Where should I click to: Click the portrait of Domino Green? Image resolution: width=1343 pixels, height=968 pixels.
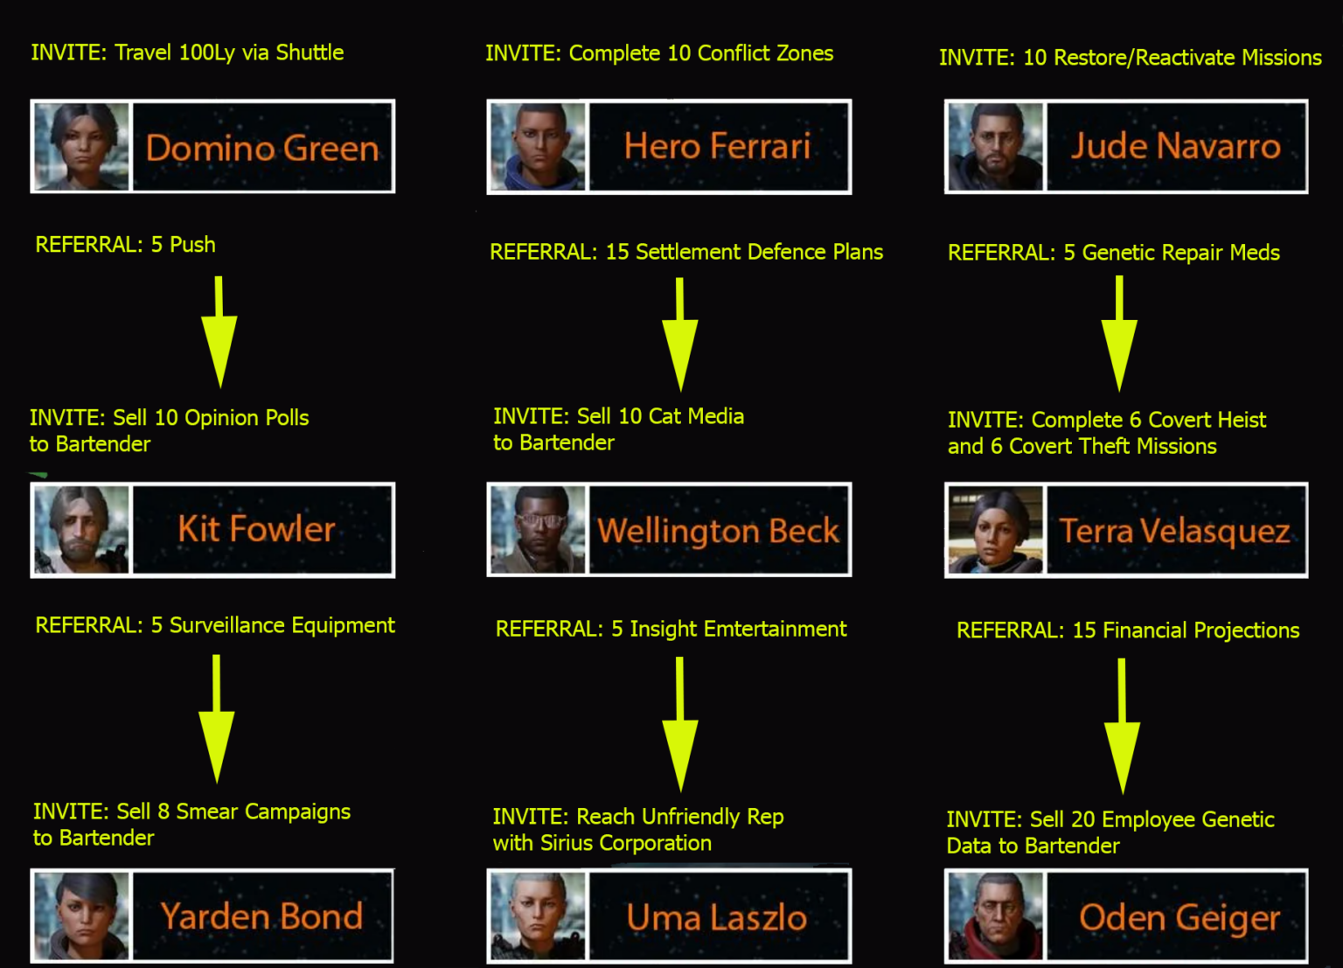pyautogui.click(x=81, y=146)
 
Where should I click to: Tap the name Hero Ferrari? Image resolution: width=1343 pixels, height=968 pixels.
pyautogui.click(x=717, y=146)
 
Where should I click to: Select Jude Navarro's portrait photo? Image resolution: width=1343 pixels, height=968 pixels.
pyautogui.click(x=995, y=146)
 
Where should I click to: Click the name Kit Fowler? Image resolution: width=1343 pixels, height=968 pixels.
pyautogui.click(x=256, y=530)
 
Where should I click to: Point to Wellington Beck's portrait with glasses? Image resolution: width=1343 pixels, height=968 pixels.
pyautogui.click(x=538, y=530)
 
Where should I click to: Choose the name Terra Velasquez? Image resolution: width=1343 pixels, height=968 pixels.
pyautogui.click(x=1174, y=532)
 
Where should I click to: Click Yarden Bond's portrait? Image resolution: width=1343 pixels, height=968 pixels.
pyautogui.click(x=81, y=916)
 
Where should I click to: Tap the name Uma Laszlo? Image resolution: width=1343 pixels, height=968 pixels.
pyautogui.click(x=717, y=917)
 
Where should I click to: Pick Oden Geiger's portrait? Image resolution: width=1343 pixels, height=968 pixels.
pyautogui.click(x=995, y=916)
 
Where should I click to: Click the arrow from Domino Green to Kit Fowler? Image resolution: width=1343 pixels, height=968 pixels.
pyautogui.click(x=219, y=331)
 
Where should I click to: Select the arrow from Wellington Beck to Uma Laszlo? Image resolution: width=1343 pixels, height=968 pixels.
pyautogui.click(x=680, y=724)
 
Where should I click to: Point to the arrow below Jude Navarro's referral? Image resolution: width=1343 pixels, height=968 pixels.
pyautogui.click(x=1119, y=333)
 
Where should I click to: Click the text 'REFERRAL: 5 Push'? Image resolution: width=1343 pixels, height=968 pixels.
pyautogui.click(x=125, y=245)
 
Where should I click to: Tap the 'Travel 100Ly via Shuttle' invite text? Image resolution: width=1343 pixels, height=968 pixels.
pyautogui.click(x=229, y=52)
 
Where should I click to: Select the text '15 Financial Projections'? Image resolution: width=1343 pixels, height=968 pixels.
pyautogui.click(x=1186, y=630)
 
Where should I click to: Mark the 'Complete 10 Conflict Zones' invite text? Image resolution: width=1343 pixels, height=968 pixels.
pyautogui.click(x=701, y=53)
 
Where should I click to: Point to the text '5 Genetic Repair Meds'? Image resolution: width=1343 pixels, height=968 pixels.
pyautogui.click(x=1172, y=253)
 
